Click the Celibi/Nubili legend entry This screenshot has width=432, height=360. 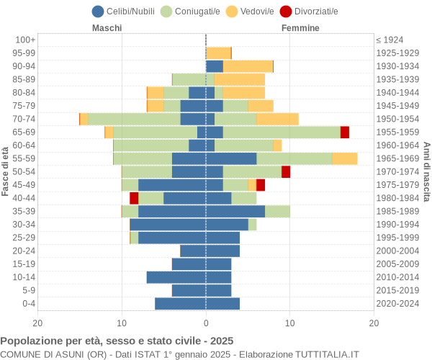click(x=126, y=11)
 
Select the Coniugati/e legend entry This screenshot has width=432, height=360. click(x=191, y=11)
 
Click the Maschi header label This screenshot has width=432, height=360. click(x=107, y=28)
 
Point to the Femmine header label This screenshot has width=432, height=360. click(x=300, y=28)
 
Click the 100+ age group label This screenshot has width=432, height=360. click(x=24, y=40)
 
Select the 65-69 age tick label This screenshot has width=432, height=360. click(x=24, y=132)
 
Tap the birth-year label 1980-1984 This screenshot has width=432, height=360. click(x=398, y=198)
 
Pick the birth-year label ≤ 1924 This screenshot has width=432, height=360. click(x=390, y=40)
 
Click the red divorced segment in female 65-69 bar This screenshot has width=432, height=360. click(x=345, y=132)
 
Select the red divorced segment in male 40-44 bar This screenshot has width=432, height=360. click(x=134, y=198)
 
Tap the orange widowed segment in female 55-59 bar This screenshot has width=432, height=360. click(x=344, y=158)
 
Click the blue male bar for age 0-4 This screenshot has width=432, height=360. click(x=180, y=304)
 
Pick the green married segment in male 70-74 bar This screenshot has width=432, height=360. click(x=134, y=119)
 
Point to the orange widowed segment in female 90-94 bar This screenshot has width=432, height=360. click(x=248, y=66)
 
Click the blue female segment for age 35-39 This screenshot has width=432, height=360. click(x=235, y=211)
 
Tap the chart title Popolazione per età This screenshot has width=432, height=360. click(x=117, y=341)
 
